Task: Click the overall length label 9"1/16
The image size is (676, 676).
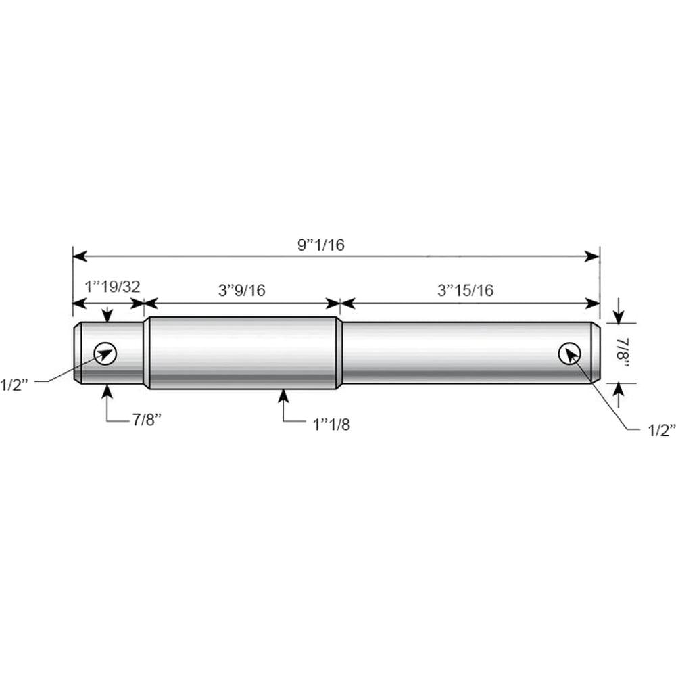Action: pyautogui.click(x=321, y=245)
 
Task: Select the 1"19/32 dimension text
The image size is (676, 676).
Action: pyautogui.click(x=112, y=286)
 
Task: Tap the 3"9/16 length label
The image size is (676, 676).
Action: pyautogui.click(x=242, y=290)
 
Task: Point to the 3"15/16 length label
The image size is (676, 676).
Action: pyautogui.click(x=466, y=290)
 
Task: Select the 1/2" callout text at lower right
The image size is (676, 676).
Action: pyautogui.click(x=660, y=430)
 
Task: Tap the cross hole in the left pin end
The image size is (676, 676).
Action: pyautogui.click(x=105, y=353)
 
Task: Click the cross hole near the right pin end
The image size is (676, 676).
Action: pyautogui.click(x=569, y=352)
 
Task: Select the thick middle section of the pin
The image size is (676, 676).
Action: pyautogui.click(x=243, y=353)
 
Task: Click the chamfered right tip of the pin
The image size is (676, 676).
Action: pyautogui.click(x=596, y=353)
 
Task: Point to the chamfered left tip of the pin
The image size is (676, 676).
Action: pyautogui.click(x=78, y=353)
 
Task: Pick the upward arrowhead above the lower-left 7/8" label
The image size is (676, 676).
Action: pyautogui.click(x=107, y=390)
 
